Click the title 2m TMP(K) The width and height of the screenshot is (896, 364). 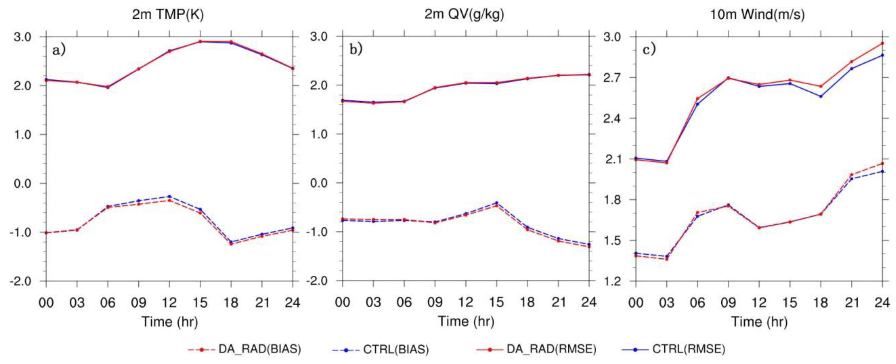168,14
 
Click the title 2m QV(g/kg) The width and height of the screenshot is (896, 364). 464,14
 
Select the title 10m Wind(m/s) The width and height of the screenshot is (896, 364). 758,14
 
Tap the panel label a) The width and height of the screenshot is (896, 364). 59,50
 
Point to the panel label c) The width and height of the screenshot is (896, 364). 649,49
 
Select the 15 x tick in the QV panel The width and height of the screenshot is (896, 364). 496,303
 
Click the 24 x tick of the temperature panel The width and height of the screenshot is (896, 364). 292,303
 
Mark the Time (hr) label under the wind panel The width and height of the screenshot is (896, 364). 759,322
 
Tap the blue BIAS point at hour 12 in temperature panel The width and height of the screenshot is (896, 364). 169,196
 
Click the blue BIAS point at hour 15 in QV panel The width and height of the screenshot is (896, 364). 497,203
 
